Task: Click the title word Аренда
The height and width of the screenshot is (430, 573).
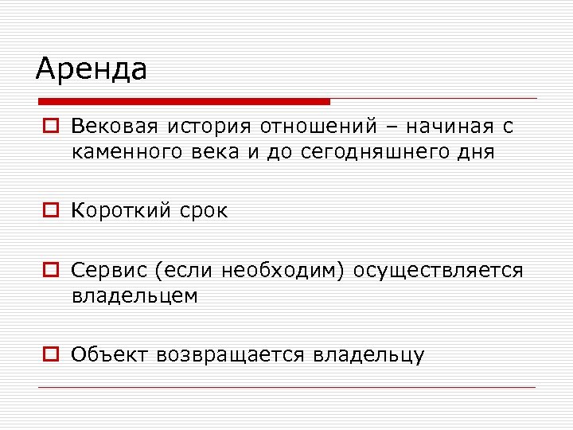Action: [x=92, y=68]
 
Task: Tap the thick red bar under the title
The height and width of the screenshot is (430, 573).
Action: [x=184, y=102]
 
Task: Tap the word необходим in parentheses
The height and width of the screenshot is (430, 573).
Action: [x=285, y=271]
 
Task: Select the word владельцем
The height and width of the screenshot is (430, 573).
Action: [x=134, y=295]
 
